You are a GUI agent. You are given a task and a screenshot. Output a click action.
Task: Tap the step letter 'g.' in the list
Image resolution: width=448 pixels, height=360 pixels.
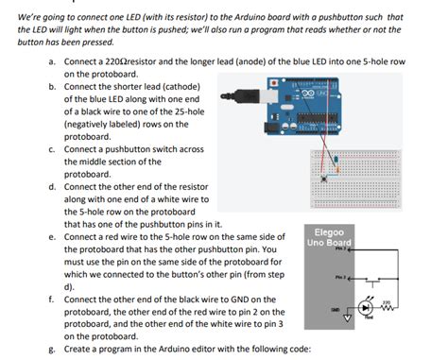coord(52,348)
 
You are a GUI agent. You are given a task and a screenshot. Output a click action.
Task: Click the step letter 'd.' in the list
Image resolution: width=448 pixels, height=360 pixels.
coord(52,187)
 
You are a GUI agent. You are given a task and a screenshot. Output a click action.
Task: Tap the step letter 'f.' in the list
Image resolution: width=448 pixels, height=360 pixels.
coord(52,299)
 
